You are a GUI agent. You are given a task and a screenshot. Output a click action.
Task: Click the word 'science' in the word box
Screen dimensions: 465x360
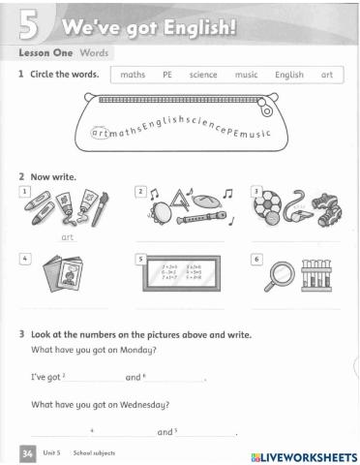click(x=204, y=74)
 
